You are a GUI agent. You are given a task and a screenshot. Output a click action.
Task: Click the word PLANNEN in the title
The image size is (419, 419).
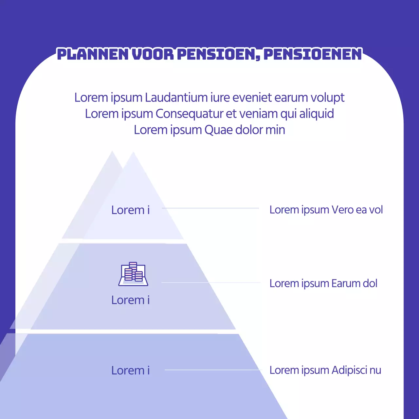coord(93,54)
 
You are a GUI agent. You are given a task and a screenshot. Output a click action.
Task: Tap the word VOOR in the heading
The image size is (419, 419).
coord(153,54)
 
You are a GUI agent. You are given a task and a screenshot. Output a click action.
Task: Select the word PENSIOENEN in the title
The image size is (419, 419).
coord(313,54)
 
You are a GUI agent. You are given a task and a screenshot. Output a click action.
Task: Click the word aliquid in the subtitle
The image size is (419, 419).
coord(317,114)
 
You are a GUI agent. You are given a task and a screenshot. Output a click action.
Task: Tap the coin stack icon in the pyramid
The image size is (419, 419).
coord(133,274)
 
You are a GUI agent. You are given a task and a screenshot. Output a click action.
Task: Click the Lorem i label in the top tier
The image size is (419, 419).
coord(130,210)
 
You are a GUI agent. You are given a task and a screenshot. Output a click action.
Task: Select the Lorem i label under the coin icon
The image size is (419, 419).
coord(130,300)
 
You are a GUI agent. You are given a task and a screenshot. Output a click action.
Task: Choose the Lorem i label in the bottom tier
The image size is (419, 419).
coord(130,370)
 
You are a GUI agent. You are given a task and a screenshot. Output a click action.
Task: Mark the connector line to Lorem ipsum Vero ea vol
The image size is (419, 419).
coord(210,208)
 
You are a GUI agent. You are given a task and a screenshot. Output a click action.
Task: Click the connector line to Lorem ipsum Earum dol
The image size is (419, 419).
coord(211,282)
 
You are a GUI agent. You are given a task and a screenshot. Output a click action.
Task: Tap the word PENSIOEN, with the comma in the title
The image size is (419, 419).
coord(219,54)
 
